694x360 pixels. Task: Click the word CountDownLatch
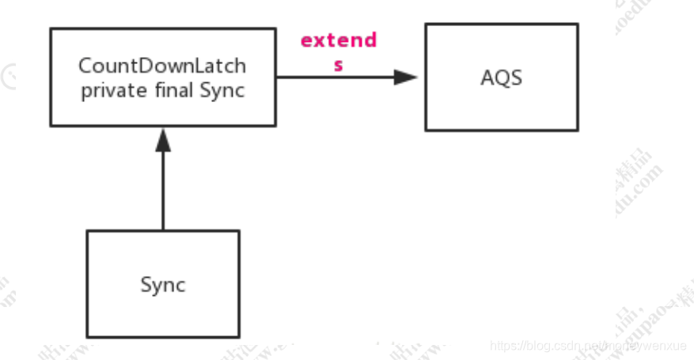[x=162, y=66]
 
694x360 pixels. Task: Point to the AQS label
[x=501, y=78]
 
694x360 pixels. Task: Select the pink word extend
[x=339, y=40]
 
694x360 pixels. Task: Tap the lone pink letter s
[x=339, y=66]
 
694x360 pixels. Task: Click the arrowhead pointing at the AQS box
[x=406, y=78]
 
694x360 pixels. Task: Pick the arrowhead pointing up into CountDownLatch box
[x=163, y=140]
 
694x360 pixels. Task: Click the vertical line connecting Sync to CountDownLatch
[x=163, y=190]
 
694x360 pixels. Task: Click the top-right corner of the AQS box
[x=578, y=24]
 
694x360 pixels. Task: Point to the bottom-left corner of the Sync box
[x=87, y=337]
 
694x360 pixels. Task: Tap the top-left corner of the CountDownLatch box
[x=51, y=29]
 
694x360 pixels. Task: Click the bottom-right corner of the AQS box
[x=578, y=130]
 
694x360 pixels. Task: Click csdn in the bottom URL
[x=568, y=346]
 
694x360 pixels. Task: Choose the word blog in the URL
[x=541, y=346]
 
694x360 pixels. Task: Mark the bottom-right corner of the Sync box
[x=238, y=337]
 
